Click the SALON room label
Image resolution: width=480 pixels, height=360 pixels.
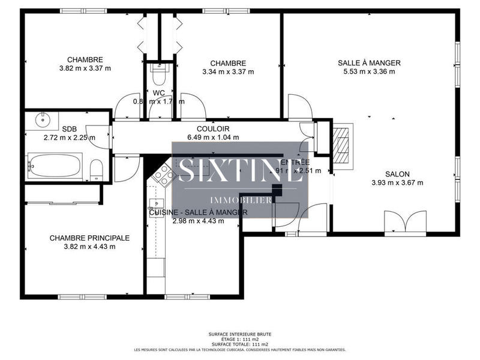click(397, 174)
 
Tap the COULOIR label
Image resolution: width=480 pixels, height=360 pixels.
click(213, 129)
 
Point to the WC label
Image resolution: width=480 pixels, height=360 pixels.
click(159, 93)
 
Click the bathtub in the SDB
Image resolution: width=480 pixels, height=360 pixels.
click(55, 165)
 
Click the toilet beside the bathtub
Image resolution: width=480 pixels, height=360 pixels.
click(95, 170)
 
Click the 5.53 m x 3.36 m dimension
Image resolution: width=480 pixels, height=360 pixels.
click(368, 72)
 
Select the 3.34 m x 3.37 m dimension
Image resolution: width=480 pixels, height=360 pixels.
click(227, 72)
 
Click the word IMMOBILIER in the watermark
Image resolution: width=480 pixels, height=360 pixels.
click(240, 200)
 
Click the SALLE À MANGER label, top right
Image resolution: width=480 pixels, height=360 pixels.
click(368, 63)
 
